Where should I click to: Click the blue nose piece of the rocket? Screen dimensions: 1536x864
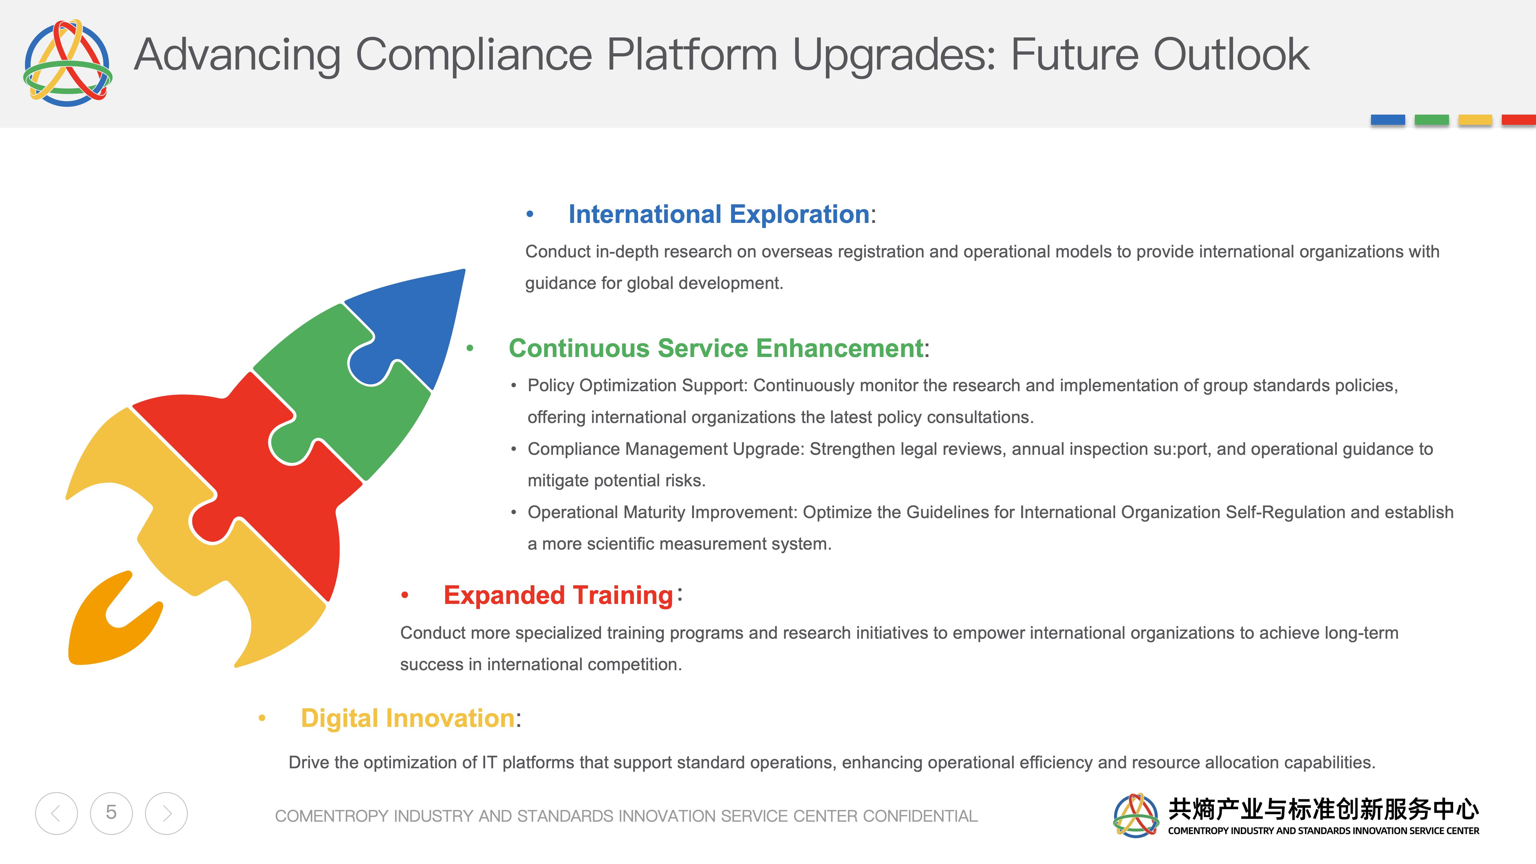click(417, 322)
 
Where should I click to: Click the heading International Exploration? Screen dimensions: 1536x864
click(718, 214)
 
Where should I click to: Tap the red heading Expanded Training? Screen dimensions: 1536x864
click(558, 595)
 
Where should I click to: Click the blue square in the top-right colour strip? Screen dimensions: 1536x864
click(1387, 120)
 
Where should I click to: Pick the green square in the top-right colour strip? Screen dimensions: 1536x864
click(1432, 120)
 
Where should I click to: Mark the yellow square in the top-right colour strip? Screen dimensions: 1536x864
click(1475, 120)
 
